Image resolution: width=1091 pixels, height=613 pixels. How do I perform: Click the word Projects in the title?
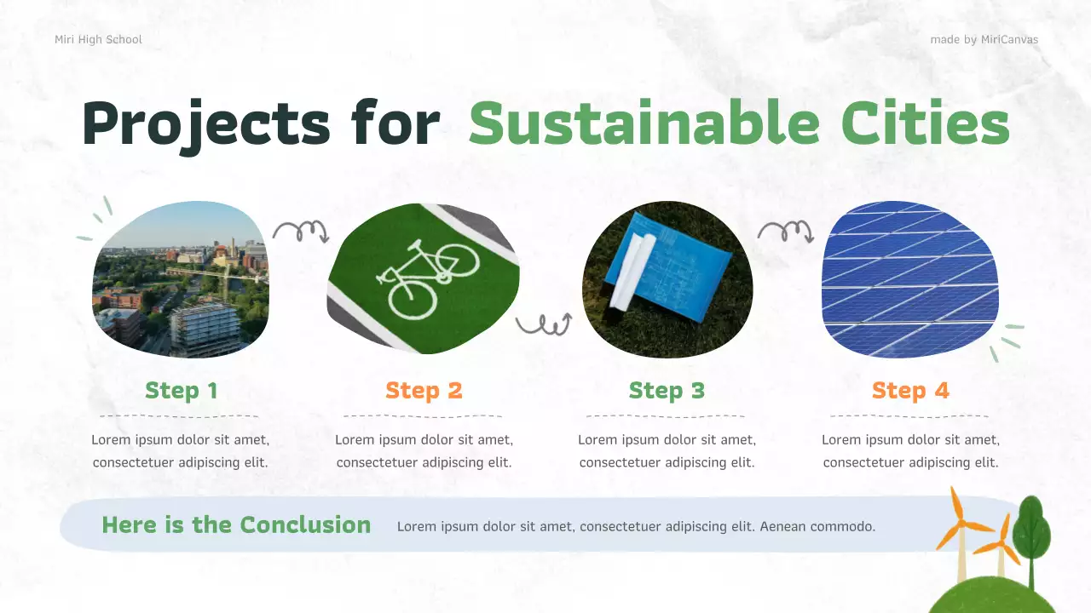[205, 124]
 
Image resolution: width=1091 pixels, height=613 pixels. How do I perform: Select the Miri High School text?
[98, 39]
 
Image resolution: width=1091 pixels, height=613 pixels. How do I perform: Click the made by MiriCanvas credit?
[984, 39]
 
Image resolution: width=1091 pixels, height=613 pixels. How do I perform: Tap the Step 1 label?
[181, 391]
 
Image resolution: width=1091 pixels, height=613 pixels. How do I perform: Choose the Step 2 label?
[424, 391]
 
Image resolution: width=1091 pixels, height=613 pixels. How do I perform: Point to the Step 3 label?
[667, 391]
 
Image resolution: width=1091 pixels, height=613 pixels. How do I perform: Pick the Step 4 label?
[910, 391]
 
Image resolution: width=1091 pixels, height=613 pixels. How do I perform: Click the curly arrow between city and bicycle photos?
[300, 231]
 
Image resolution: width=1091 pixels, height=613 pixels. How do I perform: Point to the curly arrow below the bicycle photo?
[543, 324]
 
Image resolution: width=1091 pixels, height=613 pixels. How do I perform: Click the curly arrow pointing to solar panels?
[785, 231]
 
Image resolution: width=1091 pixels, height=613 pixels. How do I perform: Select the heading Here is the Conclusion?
[236, 524]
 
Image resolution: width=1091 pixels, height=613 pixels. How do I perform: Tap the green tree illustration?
[1031, 532]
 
